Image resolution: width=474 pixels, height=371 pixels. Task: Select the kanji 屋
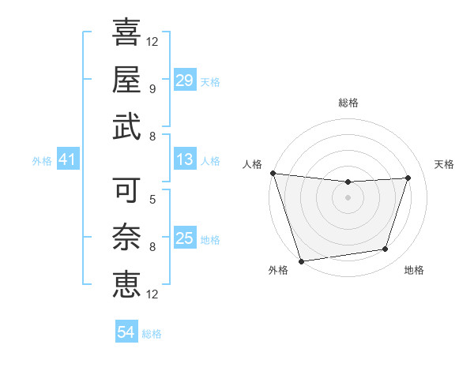tap(126, 79)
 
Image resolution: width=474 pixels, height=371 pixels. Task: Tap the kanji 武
tap(126, 126)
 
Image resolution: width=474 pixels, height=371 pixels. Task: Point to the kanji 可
tap(126, 190)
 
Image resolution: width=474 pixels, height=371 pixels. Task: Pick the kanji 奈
tap(126, 237)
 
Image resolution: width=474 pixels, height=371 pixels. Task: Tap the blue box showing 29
tap(185, 81)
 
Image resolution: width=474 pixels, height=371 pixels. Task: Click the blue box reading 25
tap(185, 238)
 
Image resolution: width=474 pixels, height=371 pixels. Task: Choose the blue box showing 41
tap(67, 160)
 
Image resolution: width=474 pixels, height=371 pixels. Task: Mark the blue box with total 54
tap(126, 332)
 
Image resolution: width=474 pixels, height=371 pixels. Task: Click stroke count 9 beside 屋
tap(152, 88)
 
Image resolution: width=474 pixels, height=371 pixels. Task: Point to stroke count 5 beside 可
tap(152, 200)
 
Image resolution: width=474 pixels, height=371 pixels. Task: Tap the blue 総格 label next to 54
tap(152, 334)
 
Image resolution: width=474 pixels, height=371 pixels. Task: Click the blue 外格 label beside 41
tap(42, 161)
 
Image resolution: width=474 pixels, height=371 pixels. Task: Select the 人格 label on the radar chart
tap(253, 164)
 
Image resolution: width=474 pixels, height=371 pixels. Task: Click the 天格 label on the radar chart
tap(444, 164)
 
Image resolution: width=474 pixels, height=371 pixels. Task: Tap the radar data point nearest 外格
tap(301, 260)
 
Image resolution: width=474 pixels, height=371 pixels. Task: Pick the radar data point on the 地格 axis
tap(386, 249)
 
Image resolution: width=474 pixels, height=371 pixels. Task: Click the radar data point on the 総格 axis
tap(348, 182)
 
